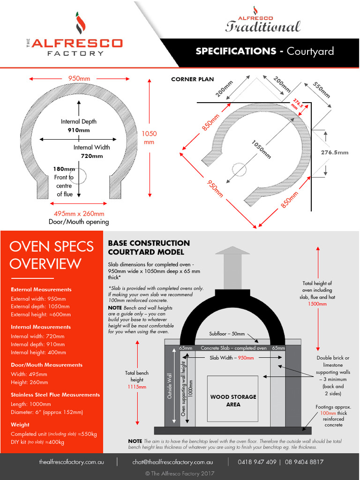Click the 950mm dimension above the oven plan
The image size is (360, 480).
[79, 78]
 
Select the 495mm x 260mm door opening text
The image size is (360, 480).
[79, 214]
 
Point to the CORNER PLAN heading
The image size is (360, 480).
[192, 79]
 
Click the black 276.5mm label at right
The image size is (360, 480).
[334, 152]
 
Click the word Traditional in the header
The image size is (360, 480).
[262, 27]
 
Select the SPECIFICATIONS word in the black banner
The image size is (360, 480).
[236, 51]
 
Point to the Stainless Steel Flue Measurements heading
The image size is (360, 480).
[55, 395]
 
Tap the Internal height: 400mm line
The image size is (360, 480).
[38, 352]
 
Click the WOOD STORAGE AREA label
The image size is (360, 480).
[233, 400]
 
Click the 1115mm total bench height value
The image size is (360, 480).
[137, 387]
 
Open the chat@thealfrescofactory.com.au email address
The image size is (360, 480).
[172, 462]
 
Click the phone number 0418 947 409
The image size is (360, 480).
[257, 462]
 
